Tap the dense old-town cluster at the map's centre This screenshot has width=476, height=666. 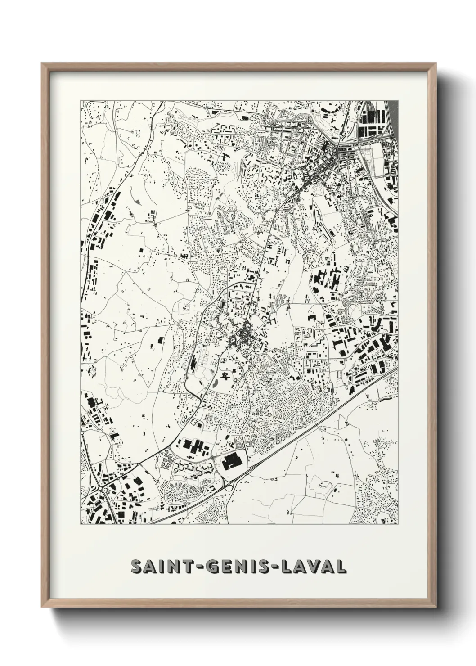click(x=246, y=335)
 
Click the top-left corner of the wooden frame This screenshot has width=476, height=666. click(x=42, y=63)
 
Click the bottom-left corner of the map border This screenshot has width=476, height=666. click(x=81, y=524)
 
